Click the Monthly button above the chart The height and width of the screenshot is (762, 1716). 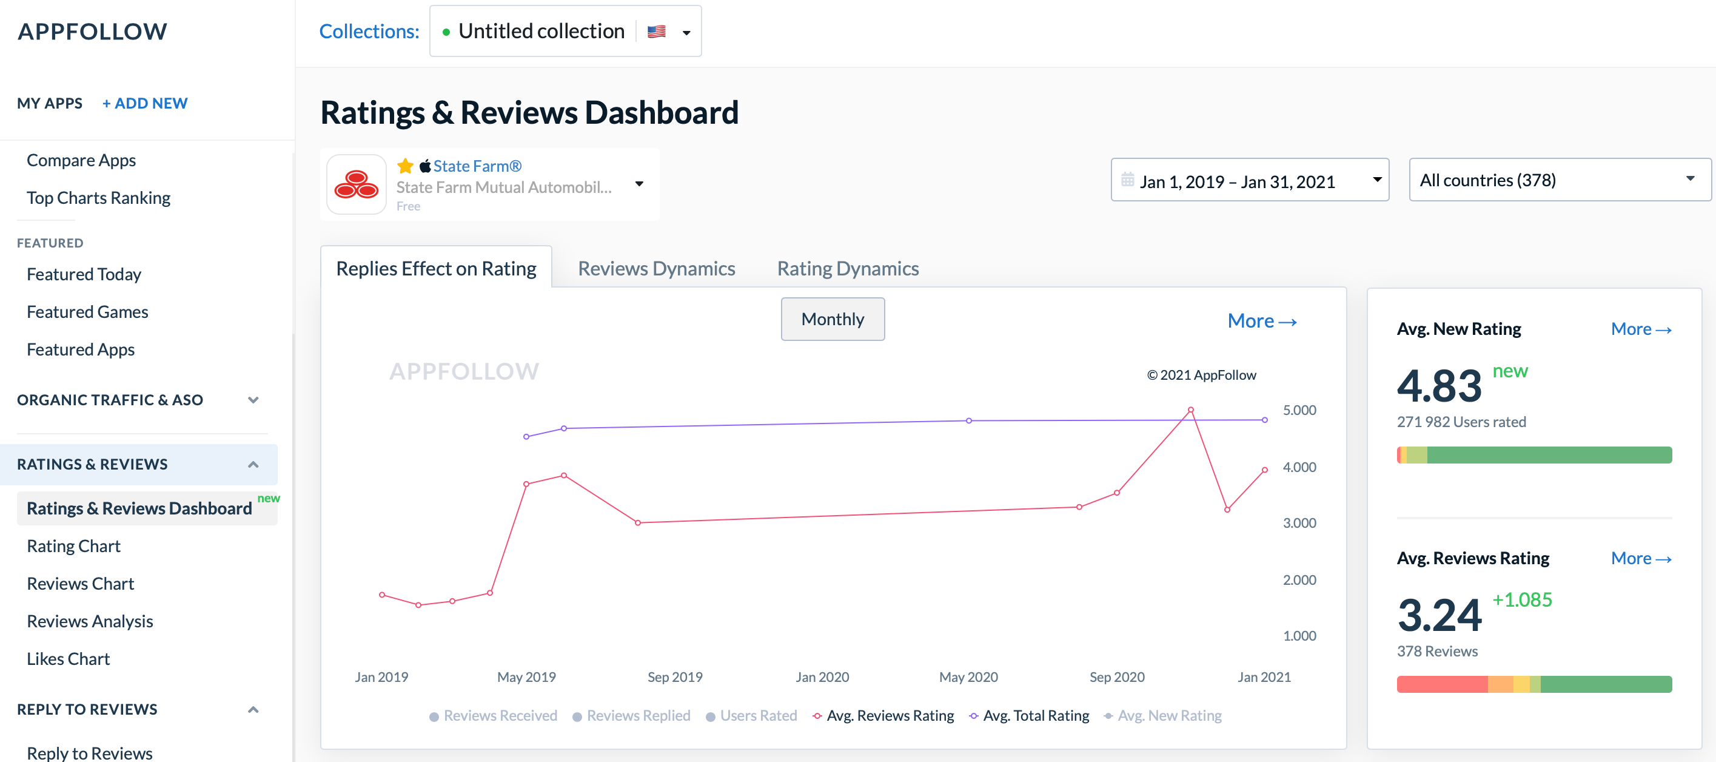[832, 319]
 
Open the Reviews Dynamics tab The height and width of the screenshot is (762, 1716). [656, 269]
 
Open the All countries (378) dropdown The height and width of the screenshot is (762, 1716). [1559, 180]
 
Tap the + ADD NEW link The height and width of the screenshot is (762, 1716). [144, 103]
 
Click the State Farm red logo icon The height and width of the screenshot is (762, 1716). [357, 184]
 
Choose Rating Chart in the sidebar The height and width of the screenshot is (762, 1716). [73, 546]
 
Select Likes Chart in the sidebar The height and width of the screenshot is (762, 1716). [68, 659]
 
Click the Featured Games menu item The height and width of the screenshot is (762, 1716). [87, 312]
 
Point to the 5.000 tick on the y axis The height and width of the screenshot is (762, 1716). [1299, 410]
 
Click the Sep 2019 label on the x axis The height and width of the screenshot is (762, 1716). [675, 677]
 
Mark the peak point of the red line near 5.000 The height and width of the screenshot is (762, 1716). [1190, 410]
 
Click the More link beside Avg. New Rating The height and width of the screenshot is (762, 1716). [1641, 329]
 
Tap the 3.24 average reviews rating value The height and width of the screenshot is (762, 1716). [1439, 615]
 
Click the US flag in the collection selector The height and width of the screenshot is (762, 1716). [656, 32]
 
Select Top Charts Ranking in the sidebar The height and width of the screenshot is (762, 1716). [99, 198]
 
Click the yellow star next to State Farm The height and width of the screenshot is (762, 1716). [405, 166]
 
